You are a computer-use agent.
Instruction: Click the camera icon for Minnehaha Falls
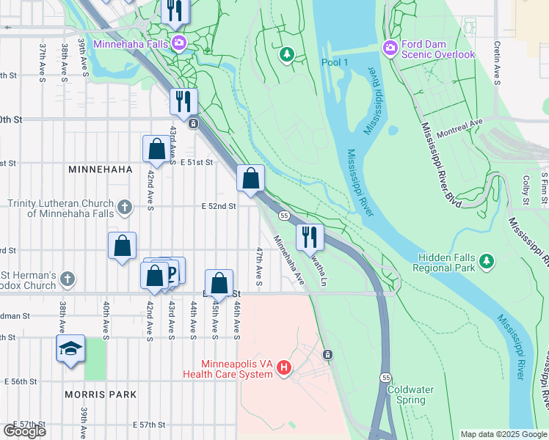click(x=178, y=43)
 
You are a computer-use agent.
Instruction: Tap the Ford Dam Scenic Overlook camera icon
click(x=390, y=48)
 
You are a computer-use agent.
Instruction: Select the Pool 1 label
click(x=335, y=62)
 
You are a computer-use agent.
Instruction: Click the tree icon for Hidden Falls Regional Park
click(x=486, y=260)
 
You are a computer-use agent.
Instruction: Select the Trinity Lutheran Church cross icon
click(x=124, y=207)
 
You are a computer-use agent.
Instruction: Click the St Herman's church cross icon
click(x=68, y=278)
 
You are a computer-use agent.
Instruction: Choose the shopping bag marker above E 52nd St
click(x=250, y=178)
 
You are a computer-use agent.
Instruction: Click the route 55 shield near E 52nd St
click(x=283, y=215)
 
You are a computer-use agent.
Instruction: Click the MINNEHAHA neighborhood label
click(x=100, y=169)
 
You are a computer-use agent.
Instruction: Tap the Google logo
click(x=24, y=430)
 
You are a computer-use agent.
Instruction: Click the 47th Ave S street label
click(x=259, y=262)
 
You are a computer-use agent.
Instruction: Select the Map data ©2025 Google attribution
click(x=503, y=434)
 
